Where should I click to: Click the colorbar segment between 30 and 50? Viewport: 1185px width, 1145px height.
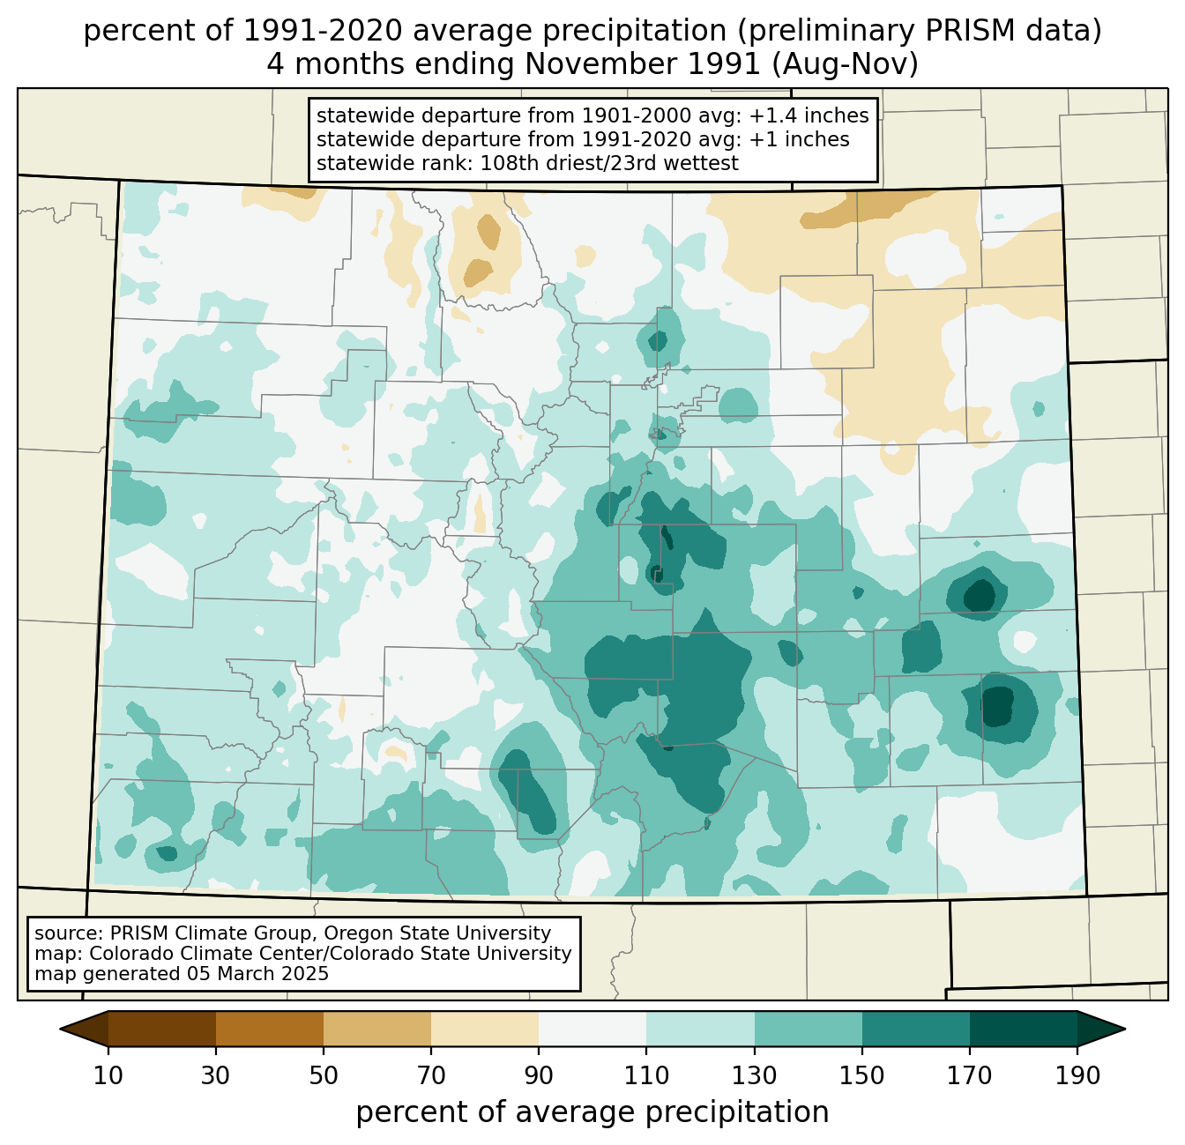coord(270,1030)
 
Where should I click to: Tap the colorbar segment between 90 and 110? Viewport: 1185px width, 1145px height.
coord(592,1030)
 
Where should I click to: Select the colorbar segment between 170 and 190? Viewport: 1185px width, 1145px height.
coord(1024,1030)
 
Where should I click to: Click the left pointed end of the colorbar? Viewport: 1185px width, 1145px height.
coord(61,1030)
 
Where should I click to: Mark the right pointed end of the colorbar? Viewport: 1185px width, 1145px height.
coord(1125,1030)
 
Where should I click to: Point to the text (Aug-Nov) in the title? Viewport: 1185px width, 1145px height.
coord(845,64)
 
